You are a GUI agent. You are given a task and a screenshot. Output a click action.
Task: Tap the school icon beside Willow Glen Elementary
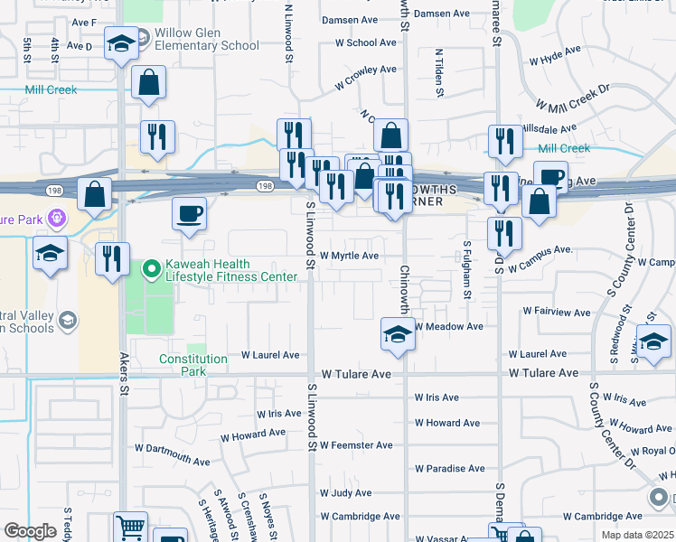tap(120, 44)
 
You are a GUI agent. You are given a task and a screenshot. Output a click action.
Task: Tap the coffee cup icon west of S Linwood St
tap(190, 214)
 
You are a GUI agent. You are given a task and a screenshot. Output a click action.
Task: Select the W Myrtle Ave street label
tap(348, 256)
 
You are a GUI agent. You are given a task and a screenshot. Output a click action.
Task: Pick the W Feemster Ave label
tap(359, 445)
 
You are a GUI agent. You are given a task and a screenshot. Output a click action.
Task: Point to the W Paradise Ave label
tap(450, 469)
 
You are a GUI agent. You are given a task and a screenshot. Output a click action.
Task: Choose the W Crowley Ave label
tap(365, 76)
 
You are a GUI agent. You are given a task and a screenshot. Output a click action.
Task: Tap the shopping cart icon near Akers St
tap(131, 527)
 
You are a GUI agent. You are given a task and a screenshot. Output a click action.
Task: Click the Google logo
tap(30, 531)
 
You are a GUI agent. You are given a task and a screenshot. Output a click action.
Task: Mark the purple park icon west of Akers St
tap(57, 218)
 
